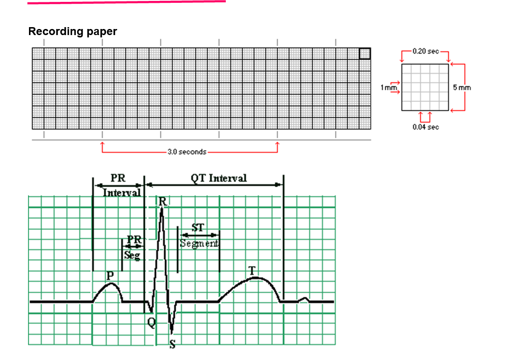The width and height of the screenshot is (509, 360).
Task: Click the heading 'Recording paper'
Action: [72, 31]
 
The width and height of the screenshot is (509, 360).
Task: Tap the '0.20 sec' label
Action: [425, 51]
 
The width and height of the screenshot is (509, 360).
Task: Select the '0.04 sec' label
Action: [425, 127]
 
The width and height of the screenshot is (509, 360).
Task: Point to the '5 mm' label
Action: [462, 87]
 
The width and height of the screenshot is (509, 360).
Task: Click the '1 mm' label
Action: [387, 87]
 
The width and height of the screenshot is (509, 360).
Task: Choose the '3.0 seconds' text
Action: [187, 152]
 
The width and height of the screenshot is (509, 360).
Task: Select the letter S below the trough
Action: [172, 345]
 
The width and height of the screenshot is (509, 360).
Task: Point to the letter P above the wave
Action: [110, 276]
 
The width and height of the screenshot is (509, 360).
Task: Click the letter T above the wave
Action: [252, 270]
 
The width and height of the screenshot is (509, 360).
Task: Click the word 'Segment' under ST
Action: [199, 244]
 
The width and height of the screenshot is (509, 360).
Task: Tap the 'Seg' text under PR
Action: [132, 255]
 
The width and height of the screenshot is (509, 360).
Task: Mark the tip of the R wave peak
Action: [162, 209]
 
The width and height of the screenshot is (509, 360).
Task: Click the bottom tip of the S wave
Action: [172, 333]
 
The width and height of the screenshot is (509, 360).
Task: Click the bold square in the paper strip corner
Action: [365, 53]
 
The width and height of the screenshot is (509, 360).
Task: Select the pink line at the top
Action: [126, 2]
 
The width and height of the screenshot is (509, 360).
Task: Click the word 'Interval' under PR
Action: [122, 193]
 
